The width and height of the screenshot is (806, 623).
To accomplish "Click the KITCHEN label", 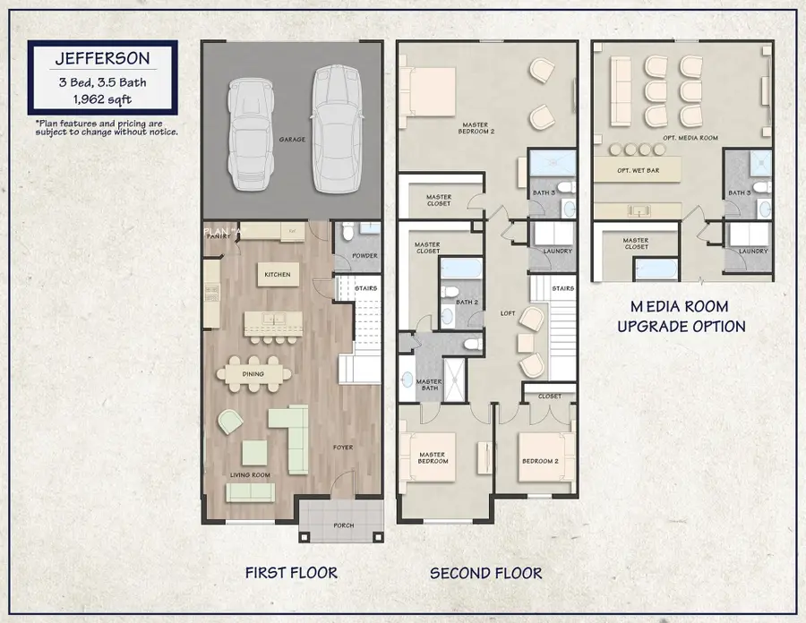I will tap(276, 275).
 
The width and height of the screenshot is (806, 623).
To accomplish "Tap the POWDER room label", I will tap(364, 256).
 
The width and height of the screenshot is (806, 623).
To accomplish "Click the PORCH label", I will tap(343, 525).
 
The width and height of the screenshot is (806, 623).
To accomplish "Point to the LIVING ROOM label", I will tap(250, 474).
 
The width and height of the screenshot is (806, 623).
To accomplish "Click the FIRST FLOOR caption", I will tap(291, 572).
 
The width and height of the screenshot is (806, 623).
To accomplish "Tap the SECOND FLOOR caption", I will tap(485, 572).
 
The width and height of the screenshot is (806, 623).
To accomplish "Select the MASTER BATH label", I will tap(429, 385).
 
